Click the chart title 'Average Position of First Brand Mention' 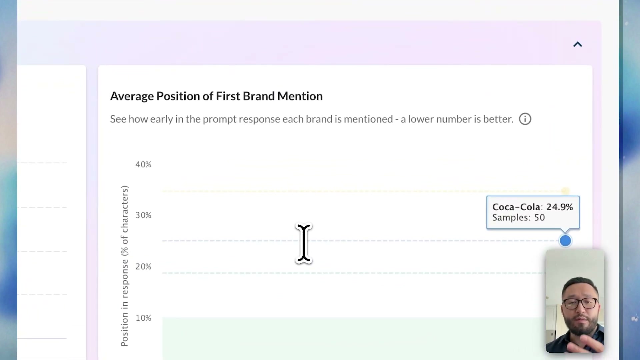pyautogui.click(x=216, y=96)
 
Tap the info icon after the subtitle pyautogui.click(x=525, y=119)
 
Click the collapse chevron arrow pyautogui.click(x=578, y=44)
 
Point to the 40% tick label pyautogui.click(x=143, y=164)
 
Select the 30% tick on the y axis pyautogui.click(x=143, y=215)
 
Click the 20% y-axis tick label pyautogui.click(x=143, y=267)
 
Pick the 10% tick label pyautogui.click(x=143, y=318)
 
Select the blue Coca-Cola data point pyautogui.click(x=565, y=241)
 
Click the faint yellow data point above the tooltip pyautogui.click(x=565, y=191)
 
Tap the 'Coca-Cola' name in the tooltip pyautogui.click(x=516, y=207)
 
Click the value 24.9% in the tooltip pyautogui.click(x=560, y=207)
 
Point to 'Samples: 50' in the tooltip pyautogui.click(x=518, y=218)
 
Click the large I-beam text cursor pyautogui.click(x=304, y=243)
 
